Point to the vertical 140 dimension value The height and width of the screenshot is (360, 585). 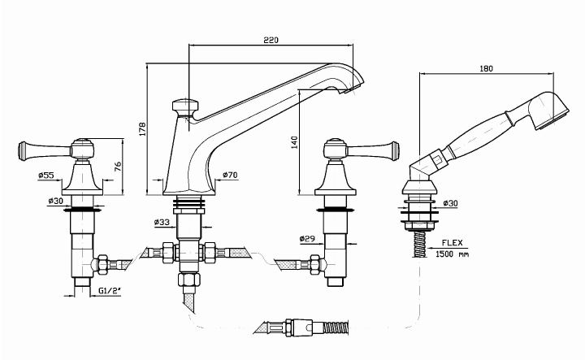[295, 142]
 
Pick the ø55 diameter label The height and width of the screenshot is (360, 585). [45, 175]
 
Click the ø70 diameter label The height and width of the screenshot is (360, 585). [230, 175]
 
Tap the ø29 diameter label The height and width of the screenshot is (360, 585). [306, 238]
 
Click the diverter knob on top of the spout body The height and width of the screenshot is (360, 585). [186, 106]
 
